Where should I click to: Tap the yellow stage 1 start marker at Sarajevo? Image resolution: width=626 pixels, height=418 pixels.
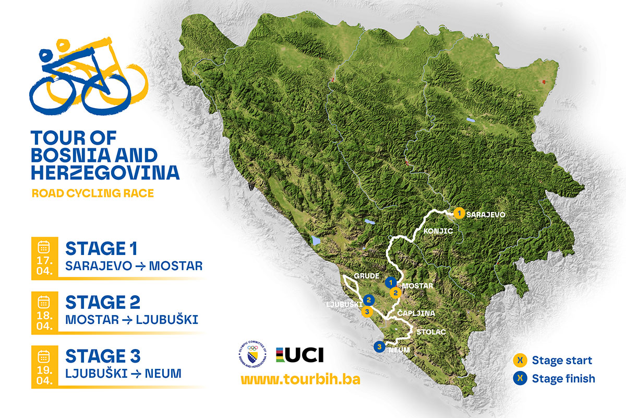[459, 213]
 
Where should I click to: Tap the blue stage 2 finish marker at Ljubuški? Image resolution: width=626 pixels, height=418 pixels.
[369, 300]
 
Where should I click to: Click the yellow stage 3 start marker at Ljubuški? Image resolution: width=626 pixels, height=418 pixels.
[367, 312]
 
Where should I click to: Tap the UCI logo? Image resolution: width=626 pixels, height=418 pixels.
[300, 355]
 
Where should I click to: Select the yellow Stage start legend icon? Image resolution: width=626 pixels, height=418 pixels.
[520, 361]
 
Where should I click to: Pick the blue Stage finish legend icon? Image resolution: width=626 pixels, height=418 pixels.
[520, 378]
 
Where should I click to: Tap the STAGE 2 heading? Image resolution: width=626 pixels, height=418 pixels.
[103, 302]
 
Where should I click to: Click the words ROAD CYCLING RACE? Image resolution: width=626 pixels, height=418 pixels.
[93, 193]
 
